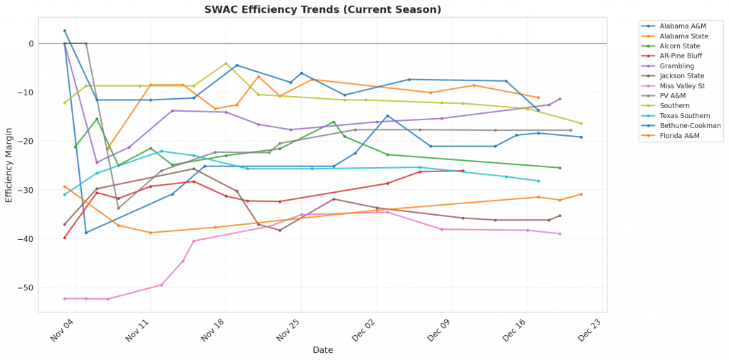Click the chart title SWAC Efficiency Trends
322,9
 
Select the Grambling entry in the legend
677,65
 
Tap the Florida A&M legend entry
678,135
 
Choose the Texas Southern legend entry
684,115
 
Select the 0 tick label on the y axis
31,44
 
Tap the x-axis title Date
322,350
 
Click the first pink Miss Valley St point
65,299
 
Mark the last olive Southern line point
581,124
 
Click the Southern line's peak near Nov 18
226,63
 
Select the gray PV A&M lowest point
118,208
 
